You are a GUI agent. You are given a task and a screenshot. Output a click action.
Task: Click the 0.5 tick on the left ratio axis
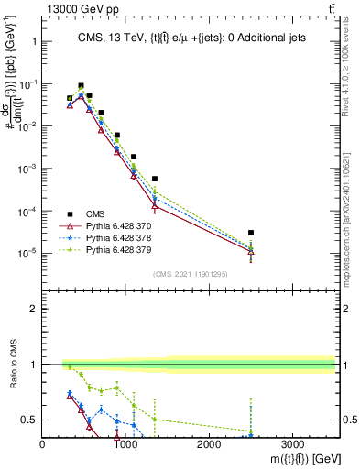(29, 420)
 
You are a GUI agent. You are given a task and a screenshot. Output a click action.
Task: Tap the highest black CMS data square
(81, 86)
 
